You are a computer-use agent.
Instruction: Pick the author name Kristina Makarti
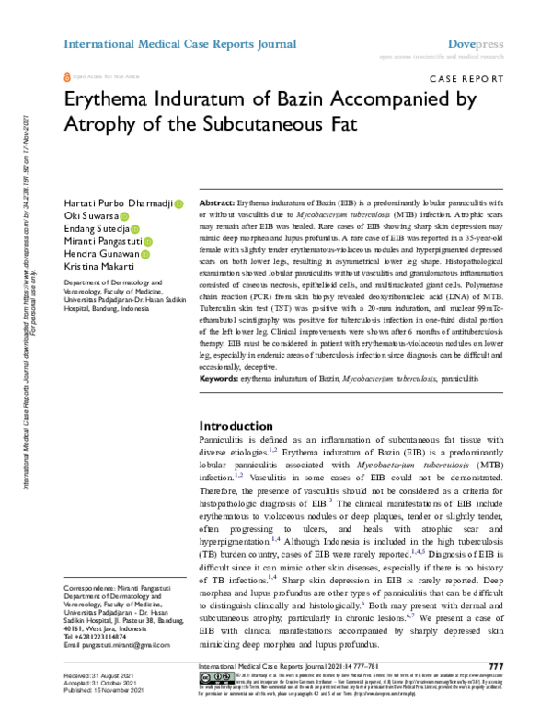pyautogui.click(x=98, y=264)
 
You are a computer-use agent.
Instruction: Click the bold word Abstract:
pyautogui.click(x=216, y=201)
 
